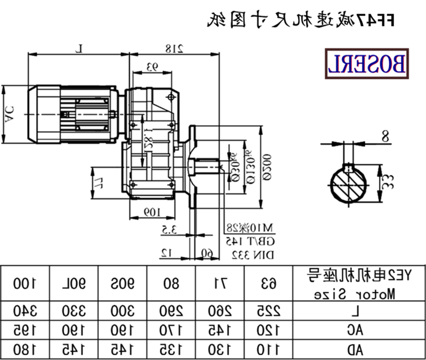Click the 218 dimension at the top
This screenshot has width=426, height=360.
174,48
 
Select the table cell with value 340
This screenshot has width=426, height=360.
25,310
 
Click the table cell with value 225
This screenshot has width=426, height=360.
268,310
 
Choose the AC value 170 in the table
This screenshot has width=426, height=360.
171,330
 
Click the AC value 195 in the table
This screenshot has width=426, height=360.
25,330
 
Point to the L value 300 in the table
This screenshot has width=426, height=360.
123,310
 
